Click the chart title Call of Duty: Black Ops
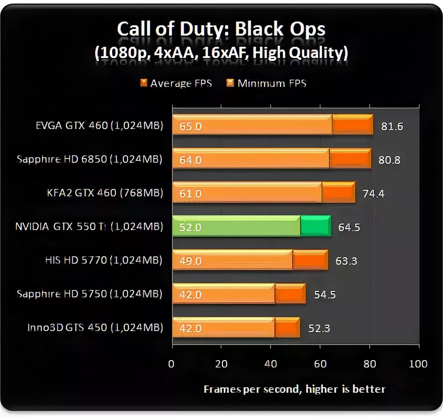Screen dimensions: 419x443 click(221, 29)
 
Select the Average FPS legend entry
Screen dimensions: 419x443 click(176, 84)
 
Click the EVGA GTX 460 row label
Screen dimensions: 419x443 click(99, 126)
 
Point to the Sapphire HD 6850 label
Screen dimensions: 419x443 click(89, 159)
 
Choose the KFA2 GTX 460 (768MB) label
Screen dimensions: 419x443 click(105, 193)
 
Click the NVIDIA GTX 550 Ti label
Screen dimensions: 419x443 click(89, 227)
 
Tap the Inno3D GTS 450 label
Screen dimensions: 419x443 click(95, 328)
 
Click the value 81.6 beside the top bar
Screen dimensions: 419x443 click(392, 126)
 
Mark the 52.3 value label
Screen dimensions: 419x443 click(319, 328)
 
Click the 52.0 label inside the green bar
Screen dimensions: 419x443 click(190, 227)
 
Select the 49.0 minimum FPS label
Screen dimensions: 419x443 click(190, 261)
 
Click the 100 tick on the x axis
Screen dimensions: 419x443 click(418, 364)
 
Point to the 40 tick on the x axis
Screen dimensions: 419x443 click(271, 364)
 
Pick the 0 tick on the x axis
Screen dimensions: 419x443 click(171, 364)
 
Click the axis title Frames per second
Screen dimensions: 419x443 click(294, 389)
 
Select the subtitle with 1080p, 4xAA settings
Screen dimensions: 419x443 click(221, 53)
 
